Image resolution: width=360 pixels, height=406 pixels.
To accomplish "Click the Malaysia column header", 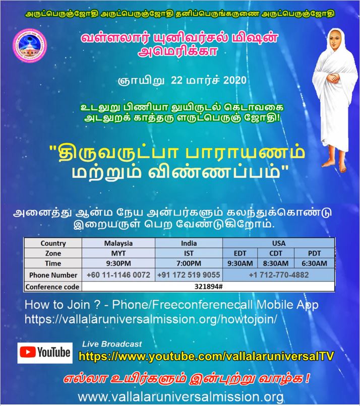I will point(118,243).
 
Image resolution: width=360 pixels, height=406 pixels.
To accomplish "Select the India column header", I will point(189,243).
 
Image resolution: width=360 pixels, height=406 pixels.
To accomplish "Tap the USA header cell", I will point(278,243).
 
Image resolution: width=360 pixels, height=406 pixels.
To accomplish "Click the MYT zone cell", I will point(118,253).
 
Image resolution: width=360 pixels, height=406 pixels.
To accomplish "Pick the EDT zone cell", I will point(239,253).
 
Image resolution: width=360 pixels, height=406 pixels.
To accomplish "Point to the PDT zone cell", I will point(317,253).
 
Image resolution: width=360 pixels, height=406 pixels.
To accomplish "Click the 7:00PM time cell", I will point(189,263).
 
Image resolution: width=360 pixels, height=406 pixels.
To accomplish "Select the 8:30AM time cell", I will point(275,263).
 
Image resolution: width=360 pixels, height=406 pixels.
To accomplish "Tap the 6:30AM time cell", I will point(317,263).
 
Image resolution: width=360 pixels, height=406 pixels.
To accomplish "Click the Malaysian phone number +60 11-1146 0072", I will point(118,275).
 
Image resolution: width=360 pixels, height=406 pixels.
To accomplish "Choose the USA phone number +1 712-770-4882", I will point(278,275).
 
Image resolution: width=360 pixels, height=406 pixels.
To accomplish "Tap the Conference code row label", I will point(53,287).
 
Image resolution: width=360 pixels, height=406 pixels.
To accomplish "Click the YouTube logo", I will point(44,353).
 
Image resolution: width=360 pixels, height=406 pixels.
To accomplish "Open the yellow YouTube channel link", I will point(207,357).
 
